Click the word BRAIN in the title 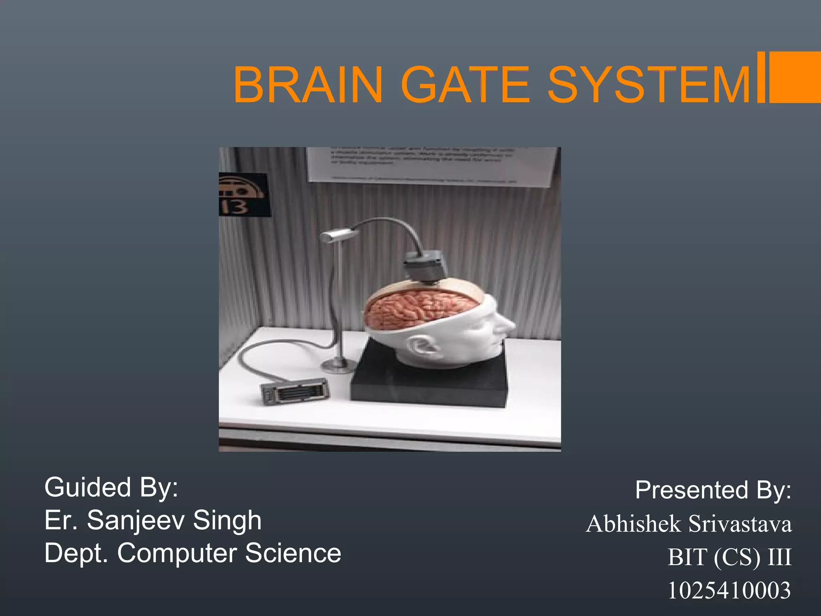click(x=308, y=85)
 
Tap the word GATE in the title click(x=465, y=85)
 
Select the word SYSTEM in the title click(x=649, y=85)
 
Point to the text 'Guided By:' click(x=111, y=488)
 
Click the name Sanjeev click(x=135, y=520)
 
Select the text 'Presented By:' click(x=713, y=490)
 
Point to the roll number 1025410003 click(x=729, y=590)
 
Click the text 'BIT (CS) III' click(x=729, y=557)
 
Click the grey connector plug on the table click(x=295, y=391)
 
